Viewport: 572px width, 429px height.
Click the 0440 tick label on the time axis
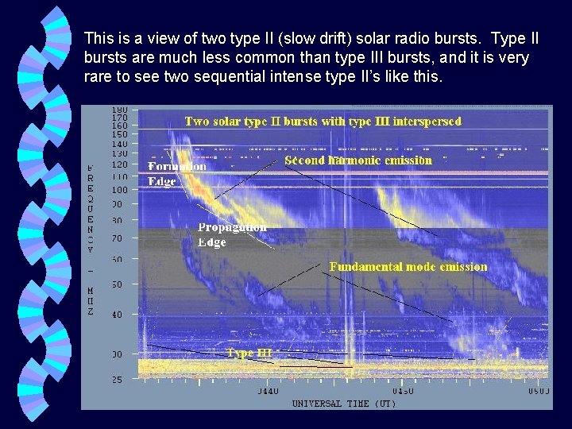point(269,392)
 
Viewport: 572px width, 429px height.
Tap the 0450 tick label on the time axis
point(403,392)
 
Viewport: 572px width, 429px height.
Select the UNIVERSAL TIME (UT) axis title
point(344,404)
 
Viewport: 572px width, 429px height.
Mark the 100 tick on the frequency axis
point(120,190)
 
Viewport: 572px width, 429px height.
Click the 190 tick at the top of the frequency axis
point(120,110)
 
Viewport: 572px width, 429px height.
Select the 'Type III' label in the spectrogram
point(249,353)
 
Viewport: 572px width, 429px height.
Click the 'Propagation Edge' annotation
point(232,234)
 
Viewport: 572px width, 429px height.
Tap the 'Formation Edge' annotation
point(176,173)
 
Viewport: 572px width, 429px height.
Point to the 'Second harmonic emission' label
point(358,160)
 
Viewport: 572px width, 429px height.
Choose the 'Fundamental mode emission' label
point(408,267)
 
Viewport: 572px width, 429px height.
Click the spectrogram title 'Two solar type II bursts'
point(323,122)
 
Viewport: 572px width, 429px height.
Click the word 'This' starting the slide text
point(99,38)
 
